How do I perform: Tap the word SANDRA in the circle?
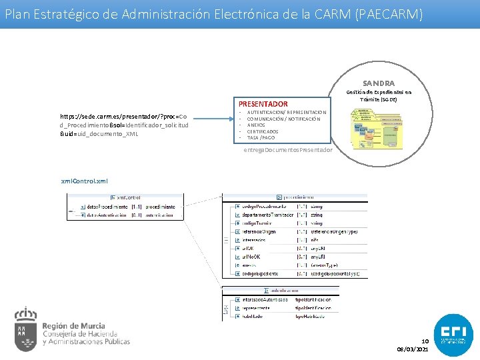coord(379,83)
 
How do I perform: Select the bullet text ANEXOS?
coord(257,125)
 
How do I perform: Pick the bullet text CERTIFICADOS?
coord(263,131)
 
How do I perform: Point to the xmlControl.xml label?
coord(84,181)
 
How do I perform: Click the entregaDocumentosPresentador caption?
coord(288,150)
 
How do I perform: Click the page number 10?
coord(424,341)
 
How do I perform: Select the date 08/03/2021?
coord(413,349)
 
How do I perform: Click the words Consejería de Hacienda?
coord(79,334)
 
